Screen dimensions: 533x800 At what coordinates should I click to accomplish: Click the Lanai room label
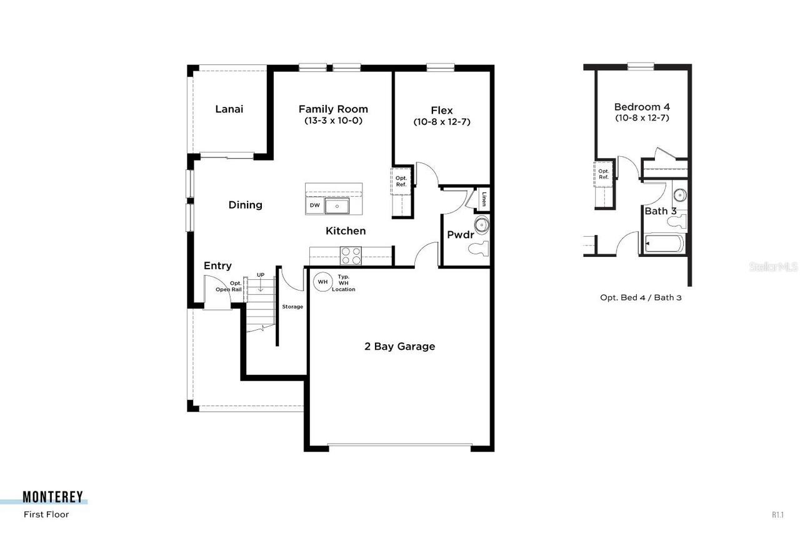229,109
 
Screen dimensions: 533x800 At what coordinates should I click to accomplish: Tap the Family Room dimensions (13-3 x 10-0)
333,121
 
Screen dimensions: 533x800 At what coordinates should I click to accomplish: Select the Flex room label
441,110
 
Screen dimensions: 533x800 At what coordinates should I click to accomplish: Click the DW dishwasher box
314,206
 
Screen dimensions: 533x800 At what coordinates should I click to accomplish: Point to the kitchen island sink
337,206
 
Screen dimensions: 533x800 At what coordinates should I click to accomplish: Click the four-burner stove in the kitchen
351,256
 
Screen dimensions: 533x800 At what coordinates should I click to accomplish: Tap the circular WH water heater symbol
322,282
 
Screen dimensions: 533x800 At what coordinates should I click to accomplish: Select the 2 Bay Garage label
399,346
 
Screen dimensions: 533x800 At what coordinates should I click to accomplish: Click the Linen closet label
483,199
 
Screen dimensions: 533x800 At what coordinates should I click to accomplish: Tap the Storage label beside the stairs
292,307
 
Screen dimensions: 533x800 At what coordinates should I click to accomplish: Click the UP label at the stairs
261,275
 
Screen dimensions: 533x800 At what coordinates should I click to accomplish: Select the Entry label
217,266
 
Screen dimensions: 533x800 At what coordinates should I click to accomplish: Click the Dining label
245,205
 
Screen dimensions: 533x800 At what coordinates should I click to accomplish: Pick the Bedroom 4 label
642,107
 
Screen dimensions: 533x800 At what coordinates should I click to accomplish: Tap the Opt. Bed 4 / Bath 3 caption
641,298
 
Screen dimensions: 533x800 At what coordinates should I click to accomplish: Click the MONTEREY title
52,497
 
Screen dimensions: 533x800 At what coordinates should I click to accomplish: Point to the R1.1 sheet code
777,515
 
